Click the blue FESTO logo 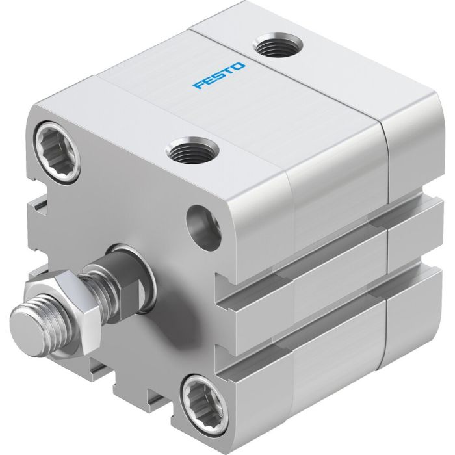(219, 75)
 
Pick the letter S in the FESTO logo (219, 75)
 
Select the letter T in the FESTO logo (229, 71)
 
